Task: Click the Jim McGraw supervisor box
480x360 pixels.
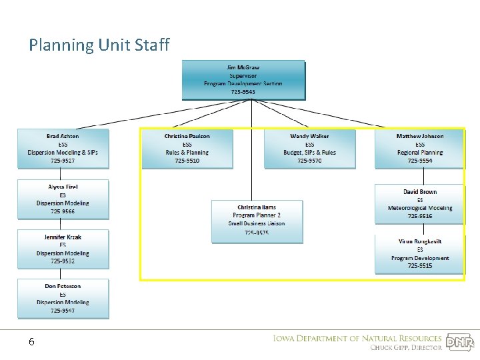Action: point(243,80)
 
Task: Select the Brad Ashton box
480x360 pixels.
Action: point(63,148)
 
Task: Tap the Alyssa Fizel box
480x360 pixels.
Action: point(63,199)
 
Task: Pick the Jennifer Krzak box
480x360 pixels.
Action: point(63,249)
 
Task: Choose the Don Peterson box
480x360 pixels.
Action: point(63,298)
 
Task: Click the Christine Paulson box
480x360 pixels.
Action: point(187,148)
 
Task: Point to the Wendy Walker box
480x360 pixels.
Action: point(309,148)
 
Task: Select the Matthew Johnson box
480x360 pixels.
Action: point(420,148)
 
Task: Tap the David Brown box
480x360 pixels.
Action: point(420,203)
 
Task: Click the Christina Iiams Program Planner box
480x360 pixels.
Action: point(257,220)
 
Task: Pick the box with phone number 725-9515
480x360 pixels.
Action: point(420,253)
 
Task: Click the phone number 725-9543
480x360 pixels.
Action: point(243,92)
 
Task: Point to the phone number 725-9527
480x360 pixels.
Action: point(63,161)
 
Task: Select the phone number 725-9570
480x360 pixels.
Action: point(309,161)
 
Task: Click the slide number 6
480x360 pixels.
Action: point(31,342)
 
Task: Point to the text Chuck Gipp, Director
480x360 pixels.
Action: point(406,347)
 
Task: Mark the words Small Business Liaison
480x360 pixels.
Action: point(257,223)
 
